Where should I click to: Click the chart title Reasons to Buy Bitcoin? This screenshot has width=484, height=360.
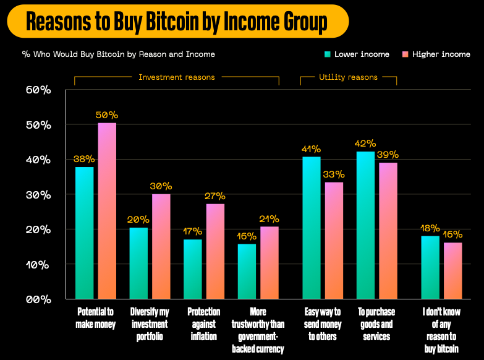tap(177, 22)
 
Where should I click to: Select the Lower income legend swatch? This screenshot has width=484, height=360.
tap(328, 54)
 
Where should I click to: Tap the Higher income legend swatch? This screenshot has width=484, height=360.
tap(405, 54)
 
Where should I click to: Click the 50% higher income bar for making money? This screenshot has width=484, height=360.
tap(107, 210)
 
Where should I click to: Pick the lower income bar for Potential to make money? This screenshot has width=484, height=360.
tap(85, 233)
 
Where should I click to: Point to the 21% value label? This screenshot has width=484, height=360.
tap(269, 219)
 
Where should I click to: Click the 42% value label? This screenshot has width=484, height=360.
tap(365, 144)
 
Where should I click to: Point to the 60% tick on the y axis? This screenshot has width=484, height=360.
tap(38, 90)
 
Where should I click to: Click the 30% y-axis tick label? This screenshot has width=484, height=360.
tap(38, 195)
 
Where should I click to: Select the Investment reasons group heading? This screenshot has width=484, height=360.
tap(177, 77)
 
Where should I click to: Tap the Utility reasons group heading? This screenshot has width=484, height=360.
tap(348, 77)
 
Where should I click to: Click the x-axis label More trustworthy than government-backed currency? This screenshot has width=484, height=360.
tap(258, 330)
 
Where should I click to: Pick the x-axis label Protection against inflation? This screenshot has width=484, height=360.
tap(203, 324)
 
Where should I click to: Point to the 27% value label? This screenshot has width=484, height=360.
tap(215, 196)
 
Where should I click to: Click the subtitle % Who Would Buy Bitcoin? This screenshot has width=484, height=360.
tap(118, 54)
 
